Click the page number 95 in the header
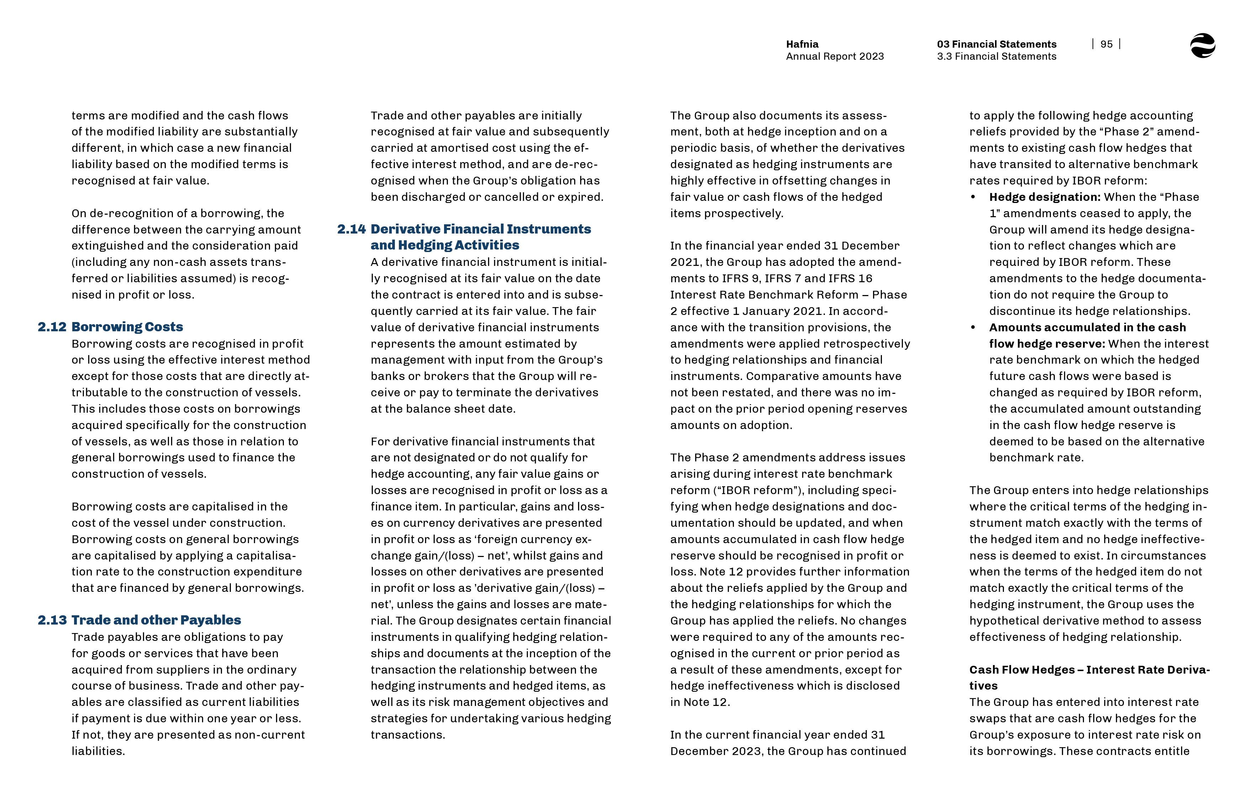pyautogui.click(x=1106, y=44)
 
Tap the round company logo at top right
pyautogui.click(x=1202, y=45)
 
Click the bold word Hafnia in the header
pyautogui.click(x=802, y=44)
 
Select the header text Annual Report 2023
pyautogui.click(x=835, y=57)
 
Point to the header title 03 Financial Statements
pyautogui.click(x=996, y=44)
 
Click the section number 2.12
pyautogui.click(x=52, y=327)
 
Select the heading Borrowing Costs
pyautogui.click(x=127, y=327)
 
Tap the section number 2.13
pyautogui.click(x=52, y=620)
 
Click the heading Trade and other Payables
pyautogui.click(x=156, y=620)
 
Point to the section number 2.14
pyautogui.click(x=351, y=229)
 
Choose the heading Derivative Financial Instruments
pyautogui.click(x=481, y=229)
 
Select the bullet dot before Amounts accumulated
pyautogui.click(x=973, y=327)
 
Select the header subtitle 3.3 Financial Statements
pyautogui.click(x=996, y=57)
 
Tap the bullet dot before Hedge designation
pyautogui.click(x=973, y=197)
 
